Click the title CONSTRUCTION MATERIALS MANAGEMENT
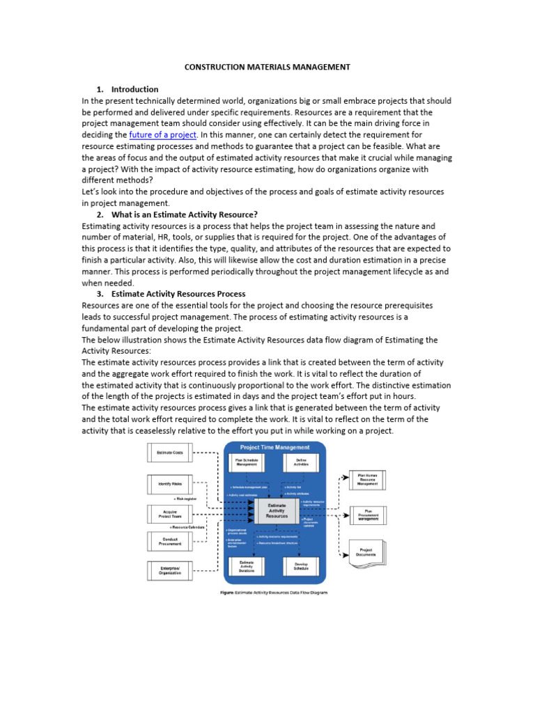pyautogui.click(x=267, y=67)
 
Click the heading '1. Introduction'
pyautogui.click(x=127, y=89)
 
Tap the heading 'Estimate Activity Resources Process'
pyautogui.click(x=178, y=294)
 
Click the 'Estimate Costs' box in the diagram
pyautogui.click(x=169, y=453)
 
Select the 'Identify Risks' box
pyautogui.click(x=169, y=485)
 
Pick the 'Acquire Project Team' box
pyautogui.click(x=169, y=514)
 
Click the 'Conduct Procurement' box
pyautogui.click(x=169, y=541)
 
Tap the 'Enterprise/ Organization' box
pyautogui.click(x=169, y=570)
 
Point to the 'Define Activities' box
pyautogui.click(x=301, y=463)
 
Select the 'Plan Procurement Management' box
pyautogui.click(x=366, y=515)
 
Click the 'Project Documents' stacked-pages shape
pyautogui.click(x=366, y=551)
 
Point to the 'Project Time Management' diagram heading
pyautogui.click(x=274, y=448)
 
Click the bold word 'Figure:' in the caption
pyautogui.click(x=231, y=593)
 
